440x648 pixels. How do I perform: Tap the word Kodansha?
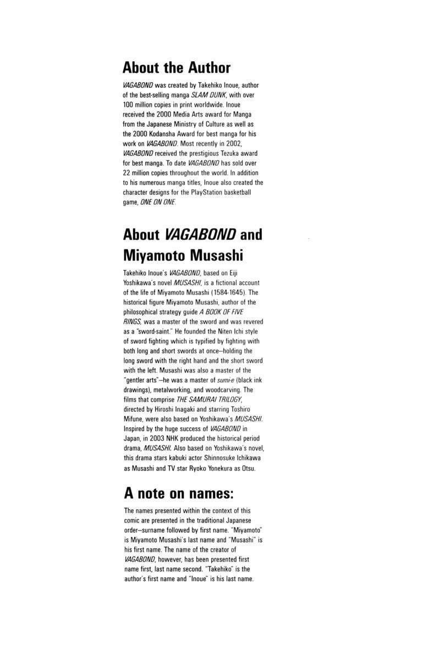(x=170, y=134)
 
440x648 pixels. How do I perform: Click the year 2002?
(x=240, y=144)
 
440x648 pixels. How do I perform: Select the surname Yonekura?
(x=217, y=469)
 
